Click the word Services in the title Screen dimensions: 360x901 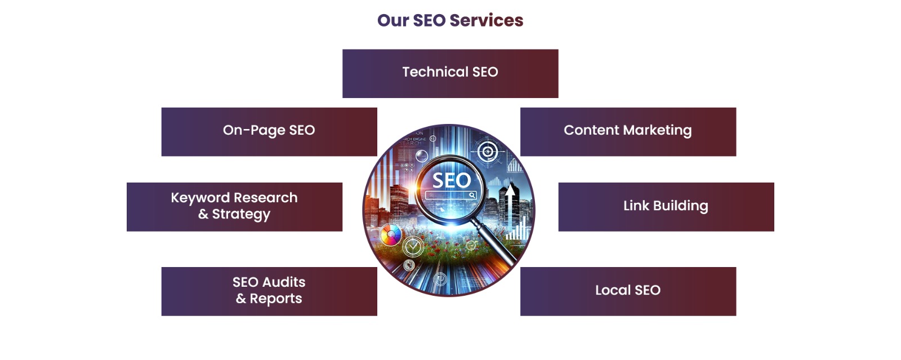[x=487, y=20]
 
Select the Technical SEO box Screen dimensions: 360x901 [x=450, y=73]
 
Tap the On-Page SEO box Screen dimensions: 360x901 [x=269, y=131]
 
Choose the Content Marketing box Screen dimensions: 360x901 [x=628, y=131]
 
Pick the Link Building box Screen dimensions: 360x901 [x=666, y=206]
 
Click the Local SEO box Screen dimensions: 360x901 [x=628, y=291]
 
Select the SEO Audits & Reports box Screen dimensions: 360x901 [x=269, y=291]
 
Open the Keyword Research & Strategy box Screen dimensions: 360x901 [x=234, y=206]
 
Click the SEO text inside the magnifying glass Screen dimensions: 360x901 [x=451, y=180]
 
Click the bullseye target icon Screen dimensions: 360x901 [x=488, y=152]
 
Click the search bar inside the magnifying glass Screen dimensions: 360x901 [x=450, y=195]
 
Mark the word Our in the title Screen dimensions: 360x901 [x=392, y=20]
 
